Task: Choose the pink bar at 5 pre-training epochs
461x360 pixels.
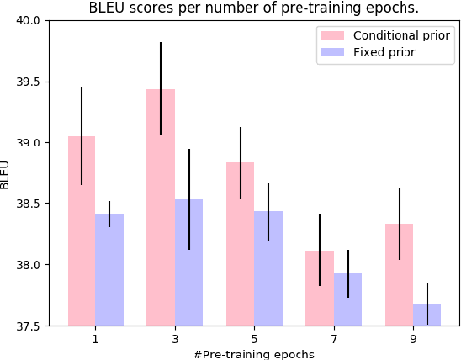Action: (x=241, y=244)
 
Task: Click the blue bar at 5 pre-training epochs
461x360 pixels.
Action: (x=268, y=268)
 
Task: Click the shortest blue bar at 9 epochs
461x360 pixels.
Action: (x=427, y=315)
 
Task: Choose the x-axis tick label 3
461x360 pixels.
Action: (x=174, y=339)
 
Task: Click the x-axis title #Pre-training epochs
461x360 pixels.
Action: (x=254, y=353)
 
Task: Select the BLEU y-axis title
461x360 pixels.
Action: (x=7, y=173)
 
